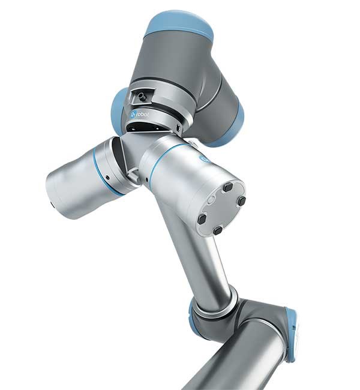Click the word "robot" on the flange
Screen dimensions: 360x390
coord(142,115)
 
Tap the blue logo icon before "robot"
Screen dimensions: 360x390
coord(133,115)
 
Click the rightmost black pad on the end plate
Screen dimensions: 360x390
coord(241,200)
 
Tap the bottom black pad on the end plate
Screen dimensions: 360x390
coord(218,230)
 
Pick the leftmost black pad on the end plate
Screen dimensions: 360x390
coord(202,218)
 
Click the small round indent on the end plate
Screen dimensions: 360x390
coord(211,199)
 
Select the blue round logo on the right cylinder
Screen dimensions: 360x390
coord(205,158)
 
